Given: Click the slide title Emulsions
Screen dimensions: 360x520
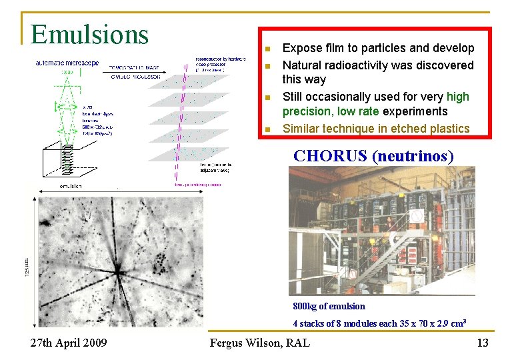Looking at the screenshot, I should point(89,33).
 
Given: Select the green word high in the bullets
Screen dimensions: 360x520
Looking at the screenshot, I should point(458,97).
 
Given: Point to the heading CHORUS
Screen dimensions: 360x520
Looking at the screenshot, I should point(330,156).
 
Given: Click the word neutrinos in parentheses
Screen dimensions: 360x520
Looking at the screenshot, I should point(413,156).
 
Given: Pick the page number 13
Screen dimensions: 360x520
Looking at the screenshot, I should point(483,343).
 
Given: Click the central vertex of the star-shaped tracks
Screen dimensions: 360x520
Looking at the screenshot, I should point(117,271).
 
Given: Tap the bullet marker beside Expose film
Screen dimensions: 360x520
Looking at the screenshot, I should point(266,49).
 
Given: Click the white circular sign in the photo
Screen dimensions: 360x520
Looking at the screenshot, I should point(416,217).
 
